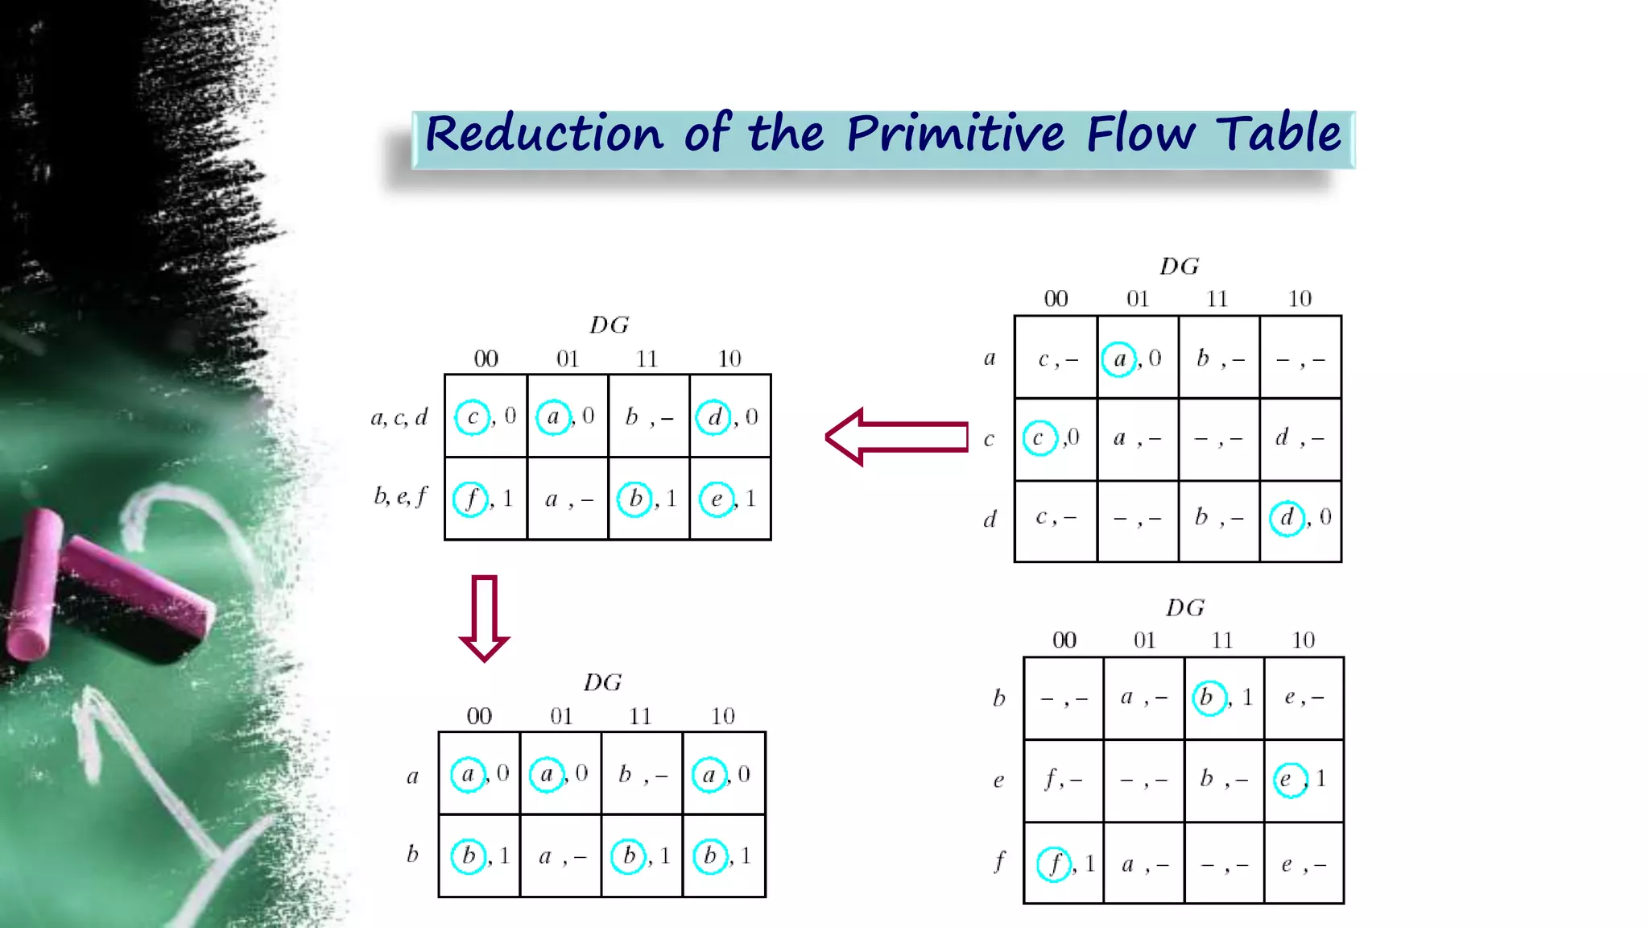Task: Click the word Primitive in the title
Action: click(x=955, y=134)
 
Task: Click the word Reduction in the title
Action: click(x=543, y=134)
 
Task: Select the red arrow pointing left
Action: click(x=896, y=437)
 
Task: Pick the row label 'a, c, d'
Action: click(x=399, y=417)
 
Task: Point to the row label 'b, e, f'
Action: click(x=401, y=496)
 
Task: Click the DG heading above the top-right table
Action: click(x=1180, y=266)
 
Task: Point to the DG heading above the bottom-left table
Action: click(x=602, y=682)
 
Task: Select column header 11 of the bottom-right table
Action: click(x=1222, y=640)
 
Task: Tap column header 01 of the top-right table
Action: click(x=1138, y=299)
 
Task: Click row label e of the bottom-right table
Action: click(x=998, y=781)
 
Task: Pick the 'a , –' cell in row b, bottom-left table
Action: click(x=561, y=856)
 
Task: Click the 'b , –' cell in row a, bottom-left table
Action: click(x=642, y=774)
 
